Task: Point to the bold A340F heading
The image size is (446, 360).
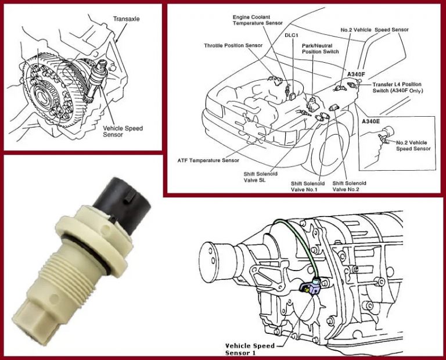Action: pos(355,75)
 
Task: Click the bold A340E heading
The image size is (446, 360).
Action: pos(371,123)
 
